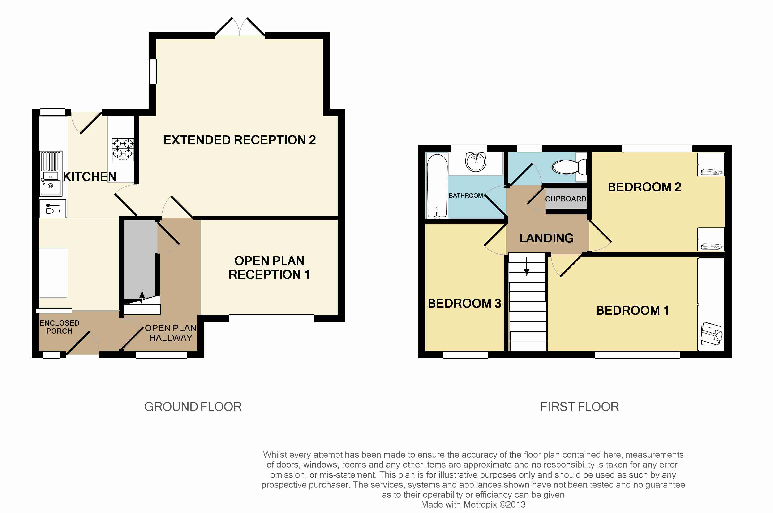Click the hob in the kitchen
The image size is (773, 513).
[x=123, y=149]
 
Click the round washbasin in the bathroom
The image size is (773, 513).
[x=476, y=162]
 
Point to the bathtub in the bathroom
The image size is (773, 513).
[x=437, y=186]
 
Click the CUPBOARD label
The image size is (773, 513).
[x=565, y=199]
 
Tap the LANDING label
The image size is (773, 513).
[x=546, y=238]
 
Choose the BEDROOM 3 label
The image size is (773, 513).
[x=464, y=303]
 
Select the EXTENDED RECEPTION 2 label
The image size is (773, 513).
[x=240, y=140]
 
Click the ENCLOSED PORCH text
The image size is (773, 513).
[x=59, y=327]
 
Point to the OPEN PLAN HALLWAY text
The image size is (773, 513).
[x=171, y=333]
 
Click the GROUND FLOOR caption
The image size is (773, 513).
[x=193, y=407]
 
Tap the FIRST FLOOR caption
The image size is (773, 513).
[x=580, y=407]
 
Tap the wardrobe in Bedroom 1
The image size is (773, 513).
[x=711, y=304]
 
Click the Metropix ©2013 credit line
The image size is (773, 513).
[x=473, y=504]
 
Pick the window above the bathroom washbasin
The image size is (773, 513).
[x=469, y=148]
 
